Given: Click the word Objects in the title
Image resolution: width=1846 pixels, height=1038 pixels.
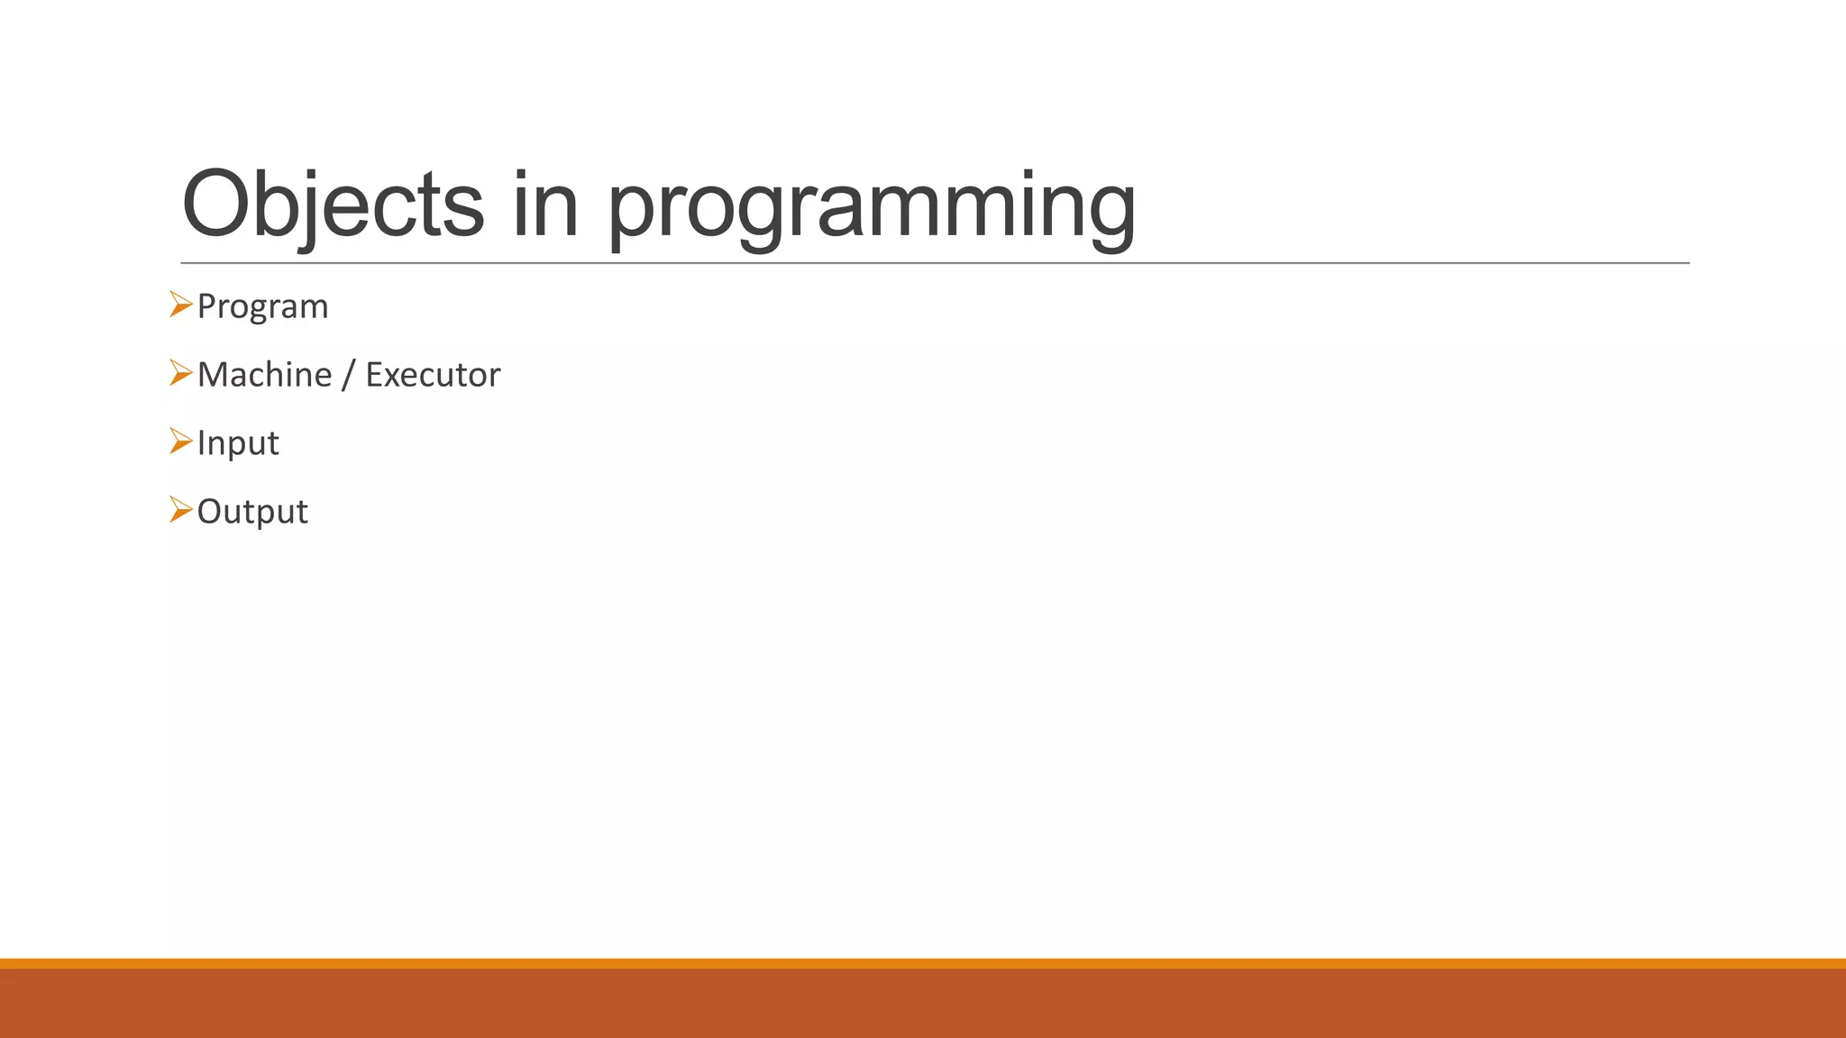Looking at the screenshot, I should (x=333, y=205).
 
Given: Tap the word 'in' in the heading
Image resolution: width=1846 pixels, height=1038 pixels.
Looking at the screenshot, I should (x=544, y=205).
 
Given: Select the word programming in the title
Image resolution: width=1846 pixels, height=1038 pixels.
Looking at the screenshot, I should (x=871, y=209).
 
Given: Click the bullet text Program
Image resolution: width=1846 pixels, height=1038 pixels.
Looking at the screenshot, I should (x=262, y=307).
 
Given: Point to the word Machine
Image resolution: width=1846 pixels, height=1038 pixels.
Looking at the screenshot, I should (x=264, y=375).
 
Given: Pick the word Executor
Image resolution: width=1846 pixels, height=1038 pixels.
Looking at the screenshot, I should (x=433, y=375).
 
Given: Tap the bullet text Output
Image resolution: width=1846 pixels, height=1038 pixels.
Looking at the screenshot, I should (x=252, y=512).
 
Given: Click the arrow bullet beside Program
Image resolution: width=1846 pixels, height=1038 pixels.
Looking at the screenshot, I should (x=180, y=305).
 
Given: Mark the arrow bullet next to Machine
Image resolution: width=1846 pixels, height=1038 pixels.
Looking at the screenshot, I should (x=180, y=373).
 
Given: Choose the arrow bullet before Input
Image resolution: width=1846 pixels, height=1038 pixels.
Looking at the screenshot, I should (x=180, y=442).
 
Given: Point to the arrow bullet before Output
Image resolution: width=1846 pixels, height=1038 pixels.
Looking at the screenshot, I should (x=180, y=510).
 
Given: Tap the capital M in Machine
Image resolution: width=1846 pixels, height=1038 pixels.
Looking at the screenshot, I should (x=214, y=375).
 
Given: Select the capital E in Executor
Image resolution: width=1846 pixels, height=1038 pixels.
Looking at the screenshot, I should (x=374, y=375).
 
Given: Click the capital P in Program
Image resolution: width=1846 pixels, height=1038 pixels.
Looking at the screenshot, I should (x=206, y=306).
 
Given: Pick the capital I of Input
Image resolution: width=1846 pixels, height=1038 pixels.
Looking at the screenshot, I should (x=201, y=443).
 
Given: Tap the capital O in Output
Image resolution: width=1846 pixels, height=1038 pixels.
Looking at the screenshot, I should (x=208, y=512).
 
